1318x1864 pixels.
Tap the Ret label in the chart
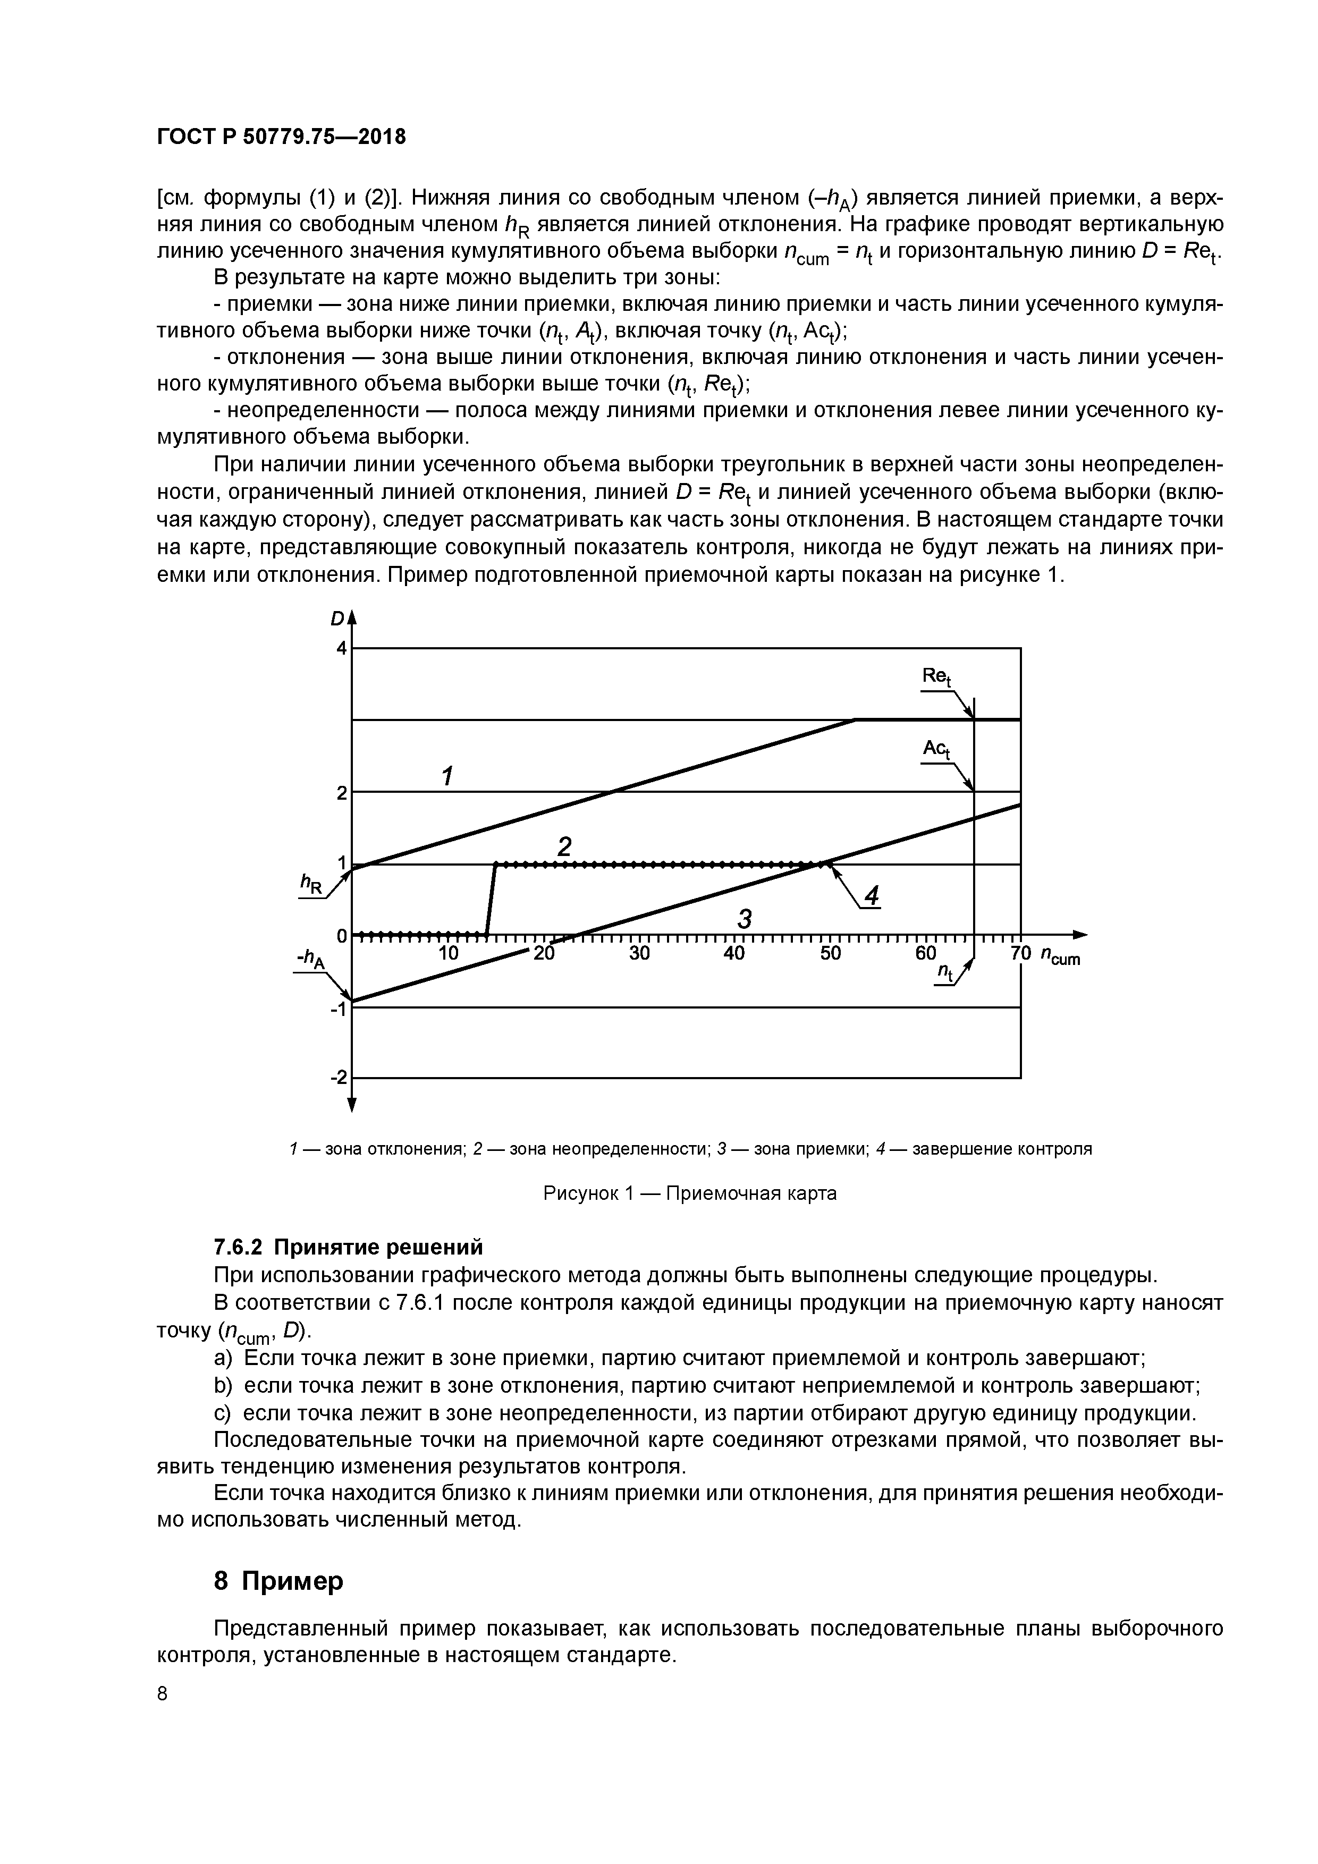point(936,677)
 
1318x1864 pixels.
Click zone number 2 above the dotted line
point(563,847)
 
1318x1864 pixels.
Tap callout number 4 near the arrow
point(872,896)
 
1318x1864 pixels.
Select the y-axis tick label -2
point(338,1077)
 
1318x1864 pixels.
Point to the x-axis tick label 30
point(639,953)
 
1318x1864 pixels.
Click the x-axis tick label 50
point(830,953)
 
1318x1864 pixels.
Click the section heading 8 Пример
point(278,1581)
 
